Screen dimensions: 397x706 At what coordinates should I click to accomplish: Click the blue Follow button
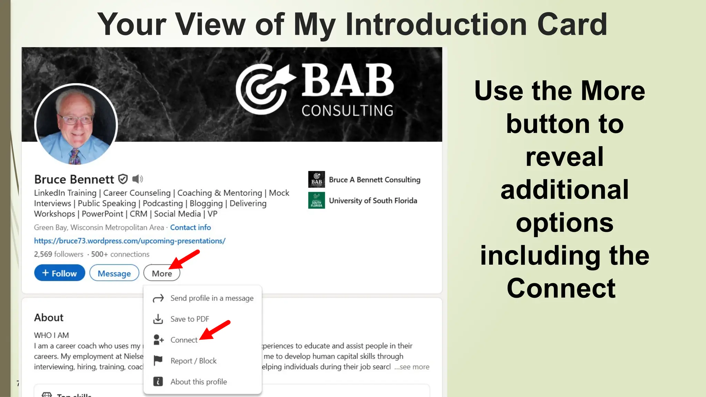[x=60, y=273]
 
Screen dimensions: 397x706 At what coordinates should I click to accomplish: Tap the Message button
[x=114, y=273]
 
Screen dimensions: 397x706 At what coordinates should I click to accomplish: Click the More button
[x=162, y=273]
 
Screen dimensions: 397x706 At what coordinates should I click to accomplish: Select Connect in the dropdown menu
[x=184, y=340]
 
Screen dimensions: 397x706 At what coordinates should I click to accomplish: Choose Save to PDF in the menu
[x=190, y=319]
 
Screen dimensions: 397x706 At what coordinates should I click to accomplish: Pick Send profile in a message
[x=212, y=298]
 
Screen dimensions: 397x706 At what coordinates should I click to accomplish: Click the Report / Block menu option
[x=193, y=361]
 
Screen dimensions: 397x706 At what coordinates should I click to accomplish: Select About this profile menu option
[x=199, y=382]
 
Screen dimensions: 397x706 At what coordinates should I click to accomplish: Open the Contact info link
[x=190, y=227]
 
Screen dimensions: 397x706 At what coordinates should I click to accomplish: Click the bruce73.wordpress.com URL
[x=130, y=241]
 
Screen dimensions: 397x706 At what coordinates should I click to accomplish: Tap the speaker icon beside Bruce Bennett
[x=137, y=179]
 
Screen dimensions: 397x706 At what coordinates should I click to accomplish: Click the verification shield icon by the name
[x=123, y=179]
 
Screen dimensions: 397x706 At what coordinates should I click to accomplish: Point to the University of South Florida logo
[x=316, y=200]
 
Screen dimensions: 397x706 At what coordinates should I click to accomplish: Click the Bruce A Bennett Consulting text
[x=374, y=180]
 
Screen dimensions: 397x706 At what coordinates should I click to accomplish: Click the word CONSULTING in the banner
[x=347, y=111]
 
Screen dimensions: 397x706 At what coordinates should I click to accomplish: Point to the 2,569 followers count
[x=59, y=254]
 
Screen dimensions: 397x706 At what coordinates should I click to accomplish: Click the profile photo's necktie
[x=75, y=157]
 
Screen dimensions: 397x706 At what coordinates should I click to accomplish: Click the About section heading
[x=49, y=317]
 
